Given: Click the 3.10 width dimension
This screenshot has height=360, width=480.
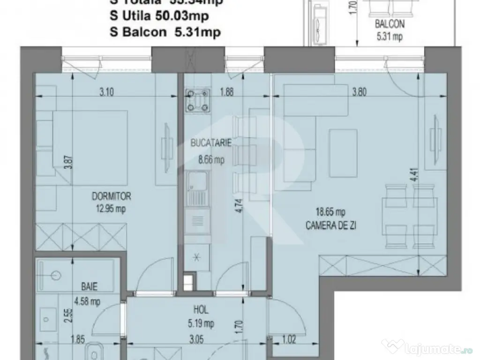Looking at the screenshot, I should point(107,92).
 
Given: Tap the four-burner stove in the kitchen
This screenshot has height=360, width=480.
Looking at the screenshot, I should point(198,100).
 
